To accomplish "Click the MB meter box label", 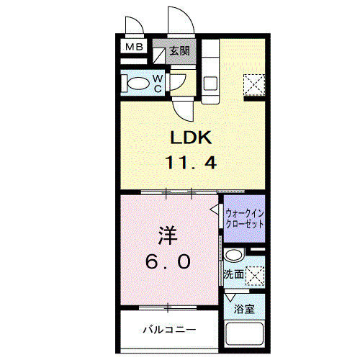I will tap(134, 48).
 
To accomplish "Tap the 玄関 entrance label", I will tap(180, 51).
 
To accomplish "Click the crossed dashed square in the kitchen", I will tap(254, 84).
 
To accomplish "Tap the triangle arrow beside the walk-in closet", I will tap(215, 209).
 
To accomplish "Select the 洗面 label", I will tap(233, 275).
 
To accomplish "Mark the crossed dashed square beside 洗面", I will tap(255, 274).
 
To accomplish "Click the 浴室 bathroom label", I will tap(243, 310).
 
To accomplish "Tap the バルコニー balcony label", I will tap(168, 330).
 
